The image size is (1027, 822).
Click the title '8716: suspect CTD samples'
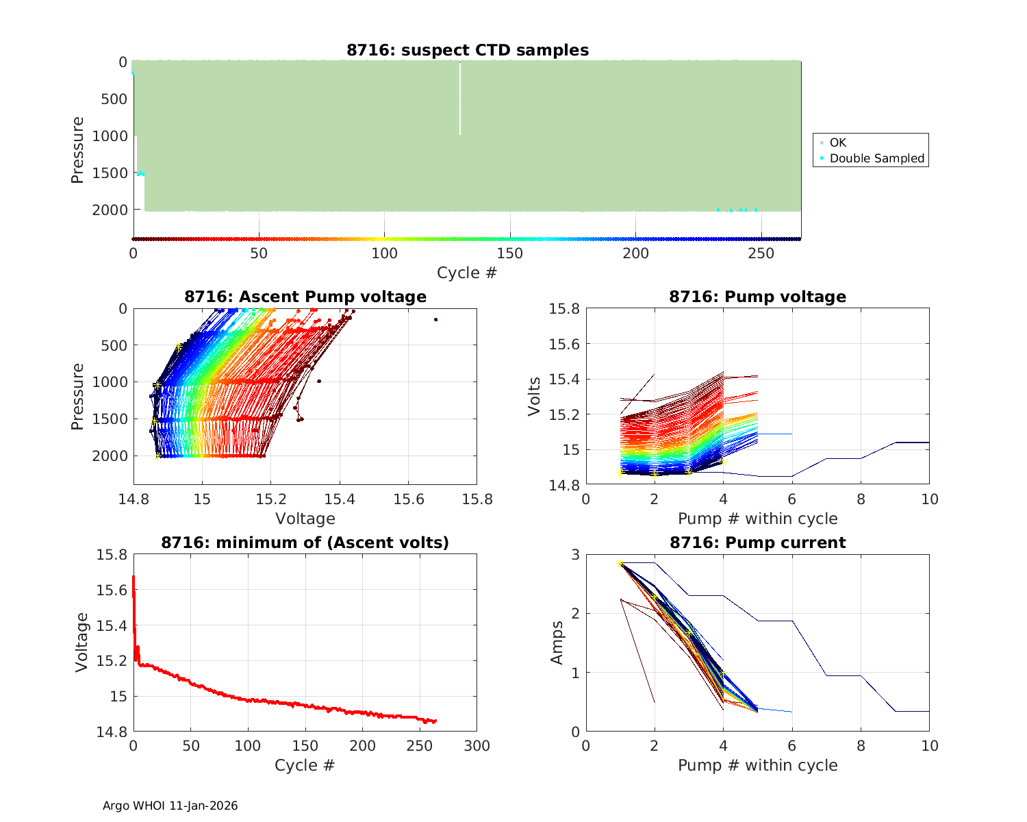coord(468,50)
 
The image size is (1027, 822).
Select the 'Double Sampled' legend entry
coord(876,158)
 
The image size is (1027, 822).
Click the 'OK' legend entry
coord(837,142)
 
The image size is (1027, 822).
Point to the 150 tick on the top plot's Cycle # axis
coord(510,253)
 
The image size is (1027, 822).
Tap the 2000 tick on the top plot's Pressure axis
coord(110,210)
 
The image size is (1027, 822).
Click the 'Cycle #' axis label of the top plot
coord(467,273)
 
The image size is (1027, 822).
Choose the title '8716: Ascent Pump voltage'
coord(305,297)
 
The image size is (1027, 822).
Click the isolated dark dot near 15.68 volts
coord(435,319)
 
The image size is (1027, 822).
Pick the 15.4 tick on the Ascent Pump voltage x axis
coord(340,499)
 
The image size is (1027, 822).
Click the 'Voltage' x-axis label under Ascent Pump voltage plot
coord(305,519)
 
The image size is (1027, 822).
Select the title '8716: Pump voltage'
coord(757,297)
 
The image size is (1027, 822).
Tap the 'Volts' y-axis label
coord(535,397)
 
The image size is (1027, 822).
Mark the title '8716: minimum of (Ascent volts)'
coord(305,543)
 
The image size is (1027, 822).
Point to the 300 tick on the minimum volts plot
coord(477,746)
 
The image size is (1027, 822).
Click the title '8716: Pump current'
coord(757,543)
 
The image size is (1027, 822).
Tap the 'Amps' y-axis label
coord(558,643)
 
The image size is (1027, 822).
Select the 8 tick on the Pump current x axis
coord(861,746)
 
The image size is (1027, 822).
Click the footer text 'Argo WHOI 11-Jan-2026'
coord(170,806)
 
